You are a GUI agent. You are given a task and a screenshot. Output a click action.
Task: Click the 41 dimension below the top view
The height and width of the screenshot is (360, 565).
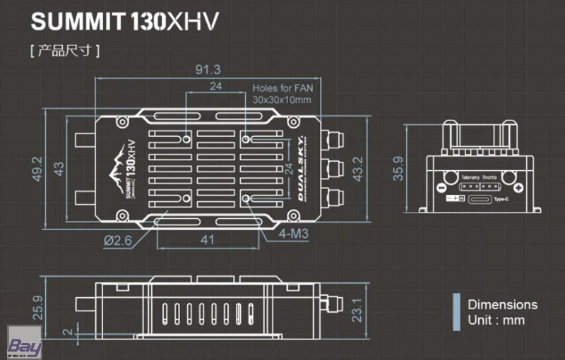tap(207, 240)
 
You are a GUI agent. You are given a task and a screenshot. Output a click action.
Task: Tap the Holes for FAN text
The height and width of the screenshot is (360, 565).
tap(282, 89)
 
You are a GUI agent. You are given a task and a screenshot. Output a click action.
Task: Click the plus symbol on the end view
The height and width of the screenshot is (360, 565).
tap(518, 188)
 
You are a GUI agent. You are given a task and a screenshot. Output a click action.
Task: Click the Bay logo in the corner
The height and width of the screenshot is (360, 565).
tap(24, 347)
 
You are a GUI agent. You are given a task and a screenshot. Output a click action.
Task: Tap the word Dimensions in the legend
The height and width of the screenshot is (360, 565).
tap(502, 305)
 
